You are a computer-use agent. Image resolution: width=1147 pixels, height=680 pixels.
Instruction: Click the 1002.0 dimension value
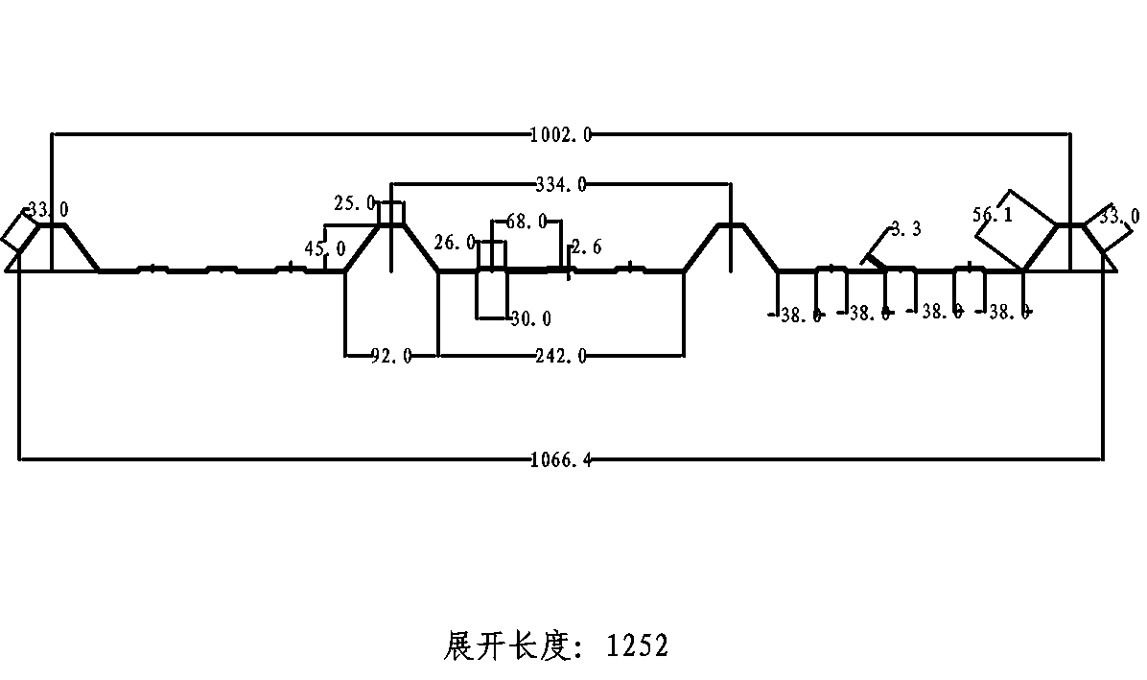tap(561, 135)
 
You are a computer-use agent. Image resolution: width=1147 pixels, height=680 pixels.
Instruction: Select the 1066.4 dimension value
tap(561, 460)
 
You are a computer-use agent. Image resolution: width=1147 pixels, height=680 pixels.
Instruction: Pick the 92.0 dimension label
tap(391, 356)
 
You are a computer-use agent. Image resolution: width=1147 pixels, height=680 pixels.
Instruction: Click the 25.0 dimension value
tap(354, 203)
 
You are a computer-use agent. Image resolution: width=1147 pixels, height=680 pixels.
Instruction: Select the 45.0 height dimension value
tap(325, 249)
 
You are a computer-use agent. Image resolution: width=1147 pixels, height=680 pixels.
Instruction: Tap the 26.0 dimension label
tap(454, 243)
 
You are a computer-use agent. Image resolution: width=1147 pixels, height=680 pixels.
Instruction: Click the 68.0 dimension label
tap(526, 222)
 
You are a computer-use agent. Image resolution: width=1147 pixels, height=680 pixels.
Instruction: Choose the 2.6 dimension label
tap(586, 247)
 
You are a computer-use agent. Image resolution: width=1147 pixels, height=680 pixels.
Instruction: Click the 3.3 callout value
tap(905, 228)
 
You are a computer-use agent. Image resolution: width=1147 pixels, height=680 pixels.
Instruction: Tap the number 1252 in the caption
tap(637, 645)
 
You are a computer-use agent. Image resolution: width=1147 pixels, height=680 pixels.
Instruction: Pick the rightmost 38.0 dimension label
tap(1009, 312)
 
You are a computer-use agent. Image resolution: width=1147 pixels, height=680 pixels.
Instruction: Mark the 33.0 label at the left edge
tap(48, 209)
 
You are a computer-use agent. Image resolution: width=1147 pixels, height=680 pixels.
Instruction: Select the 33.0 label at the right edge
tap(1119, 217)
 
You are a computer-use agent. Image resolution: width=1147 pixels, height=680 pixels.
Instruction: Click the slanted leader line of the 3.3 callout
tap(877, 246)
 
